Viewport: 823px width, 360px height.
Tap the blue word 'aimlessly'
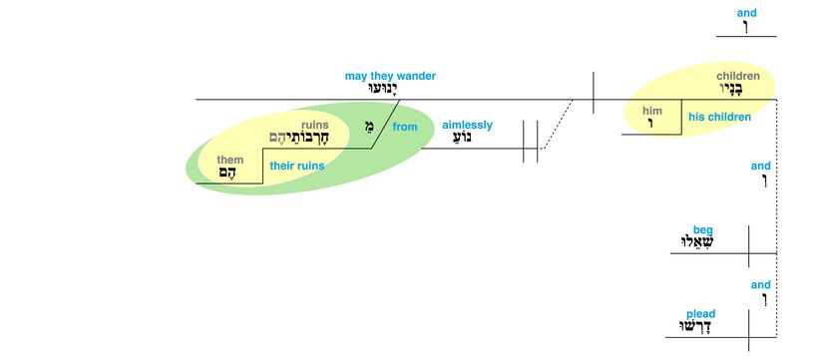point(468,125)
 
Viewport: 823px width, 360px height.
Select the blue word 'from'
point(405,127)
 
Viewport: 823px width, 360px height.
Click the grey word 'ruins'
point(314,125)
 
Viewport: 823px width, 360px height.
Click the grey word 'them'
point(230,160)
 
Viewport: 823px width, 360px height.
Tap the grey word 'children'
point(738,76)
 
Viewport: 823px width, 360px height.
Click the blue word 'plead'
point(701,314)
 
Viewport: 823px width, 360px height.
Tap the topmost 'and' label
point(747,13)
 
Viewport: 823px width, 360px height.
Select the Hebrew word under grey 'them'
point(227,173)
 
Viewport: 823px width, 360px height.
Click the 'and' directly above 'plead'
point(761,285)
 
